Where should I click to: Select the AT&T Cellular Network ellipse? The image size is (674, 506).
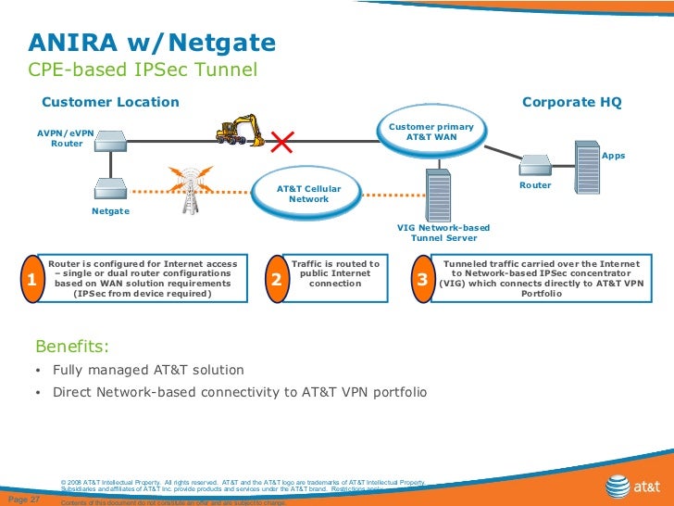click(x=308, y=194)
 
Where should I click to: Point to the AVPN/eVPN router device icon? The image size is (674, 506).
click(x=110, y=144)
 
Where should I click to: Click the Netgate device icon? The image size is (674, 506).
click(x=109, y=191)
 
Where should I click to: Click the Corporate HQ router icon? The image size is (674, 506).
click(x=536, y=165)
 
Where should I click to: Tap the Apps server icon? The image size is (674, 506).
click(x=588, y=165)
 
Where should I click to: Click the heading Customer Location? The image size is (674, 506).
click(x=110, y=102)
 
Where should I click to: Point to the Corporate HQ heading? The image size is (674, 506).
click(x=571, y=102)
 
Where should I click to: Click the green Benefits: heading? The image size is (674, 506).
click(x=71, y=348)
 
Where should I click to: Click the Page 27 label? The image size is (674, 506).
click(x=23, y=500)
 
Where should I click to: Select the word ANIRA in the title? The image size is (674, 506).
click(x=70, y=43)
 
